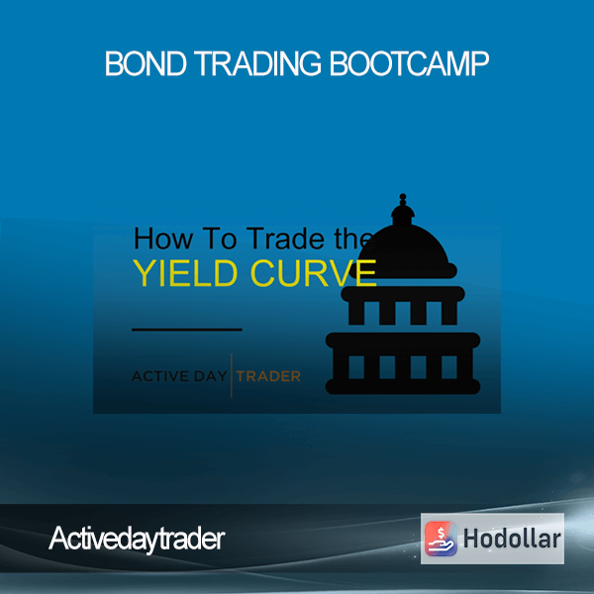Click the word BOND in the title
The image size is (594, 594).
pyautogui.click(x=146, y=63)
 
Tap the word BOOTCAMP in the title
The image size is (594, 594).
pyautogui.click(x=409, y=63)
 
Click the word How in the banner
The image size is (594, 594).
pyautogui.click(x=163, y=239)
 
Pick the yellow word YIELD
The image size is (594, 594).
pyautogui.click(x=186, y=273)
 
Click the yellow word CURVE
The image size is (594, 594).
pyautogui.click(x=313, y=273)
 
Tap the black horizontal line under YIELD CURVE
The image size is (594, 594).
pyautogui.click(x=187, y=330)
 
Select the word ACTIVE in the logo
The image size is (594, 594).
pyautogui.click(x=160, y=376)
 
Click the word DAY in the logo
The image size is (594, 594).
pyautogui.click(x=210, y=376)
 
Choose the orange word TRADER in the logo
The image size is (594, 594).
pyautogui.click(x=268, y=376)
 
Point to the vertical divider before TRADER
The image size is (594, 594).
pyautogui.click(x=232, y=375)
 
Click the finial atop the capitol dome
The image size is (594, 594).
pyautogui.click(x=403, y=200)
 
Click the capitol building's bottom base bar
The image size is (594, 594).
pyautogui.click(x=403, y=386)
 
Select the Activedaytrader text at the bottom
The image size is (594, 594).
pyautogui.click(x=137, y=540)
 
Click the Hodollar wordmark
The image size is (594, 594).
pyautogui.click(x=512, y=539)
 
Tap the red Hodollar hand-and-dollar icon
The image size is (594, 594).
pyautogui.click(x=441, y=539)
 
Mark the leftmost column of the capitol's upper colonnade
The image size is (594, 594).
pyautogui.click(x=356, y=313)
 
